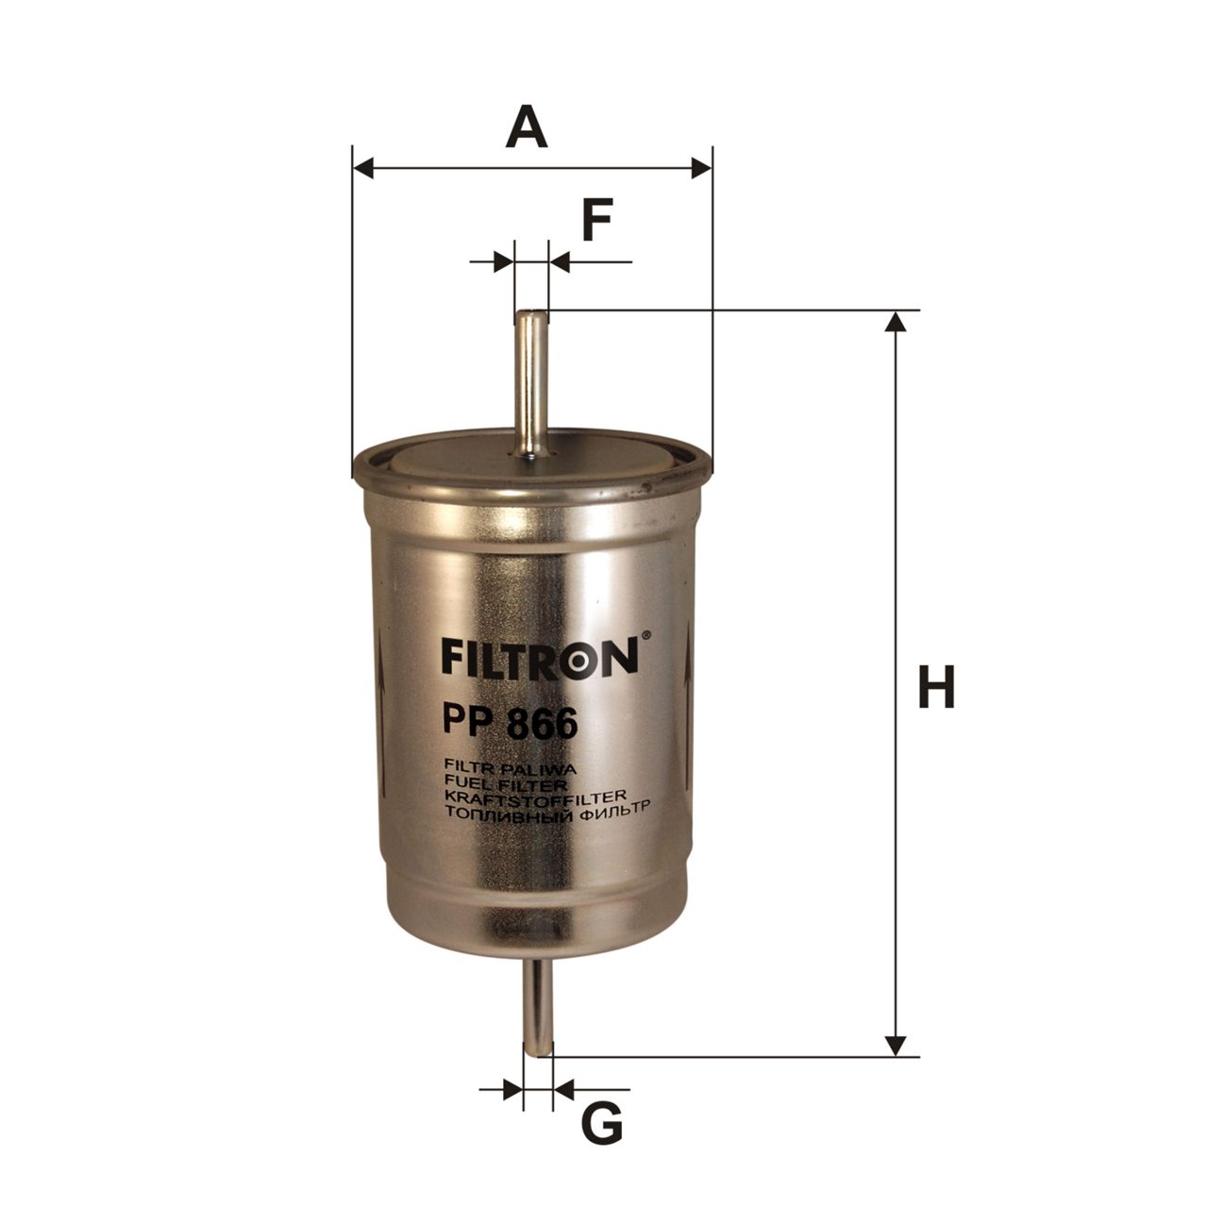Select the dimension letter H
936,686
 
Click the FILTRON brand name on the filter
540,657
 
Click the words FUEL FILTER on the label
505,785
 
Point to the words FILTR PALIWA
509,771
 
